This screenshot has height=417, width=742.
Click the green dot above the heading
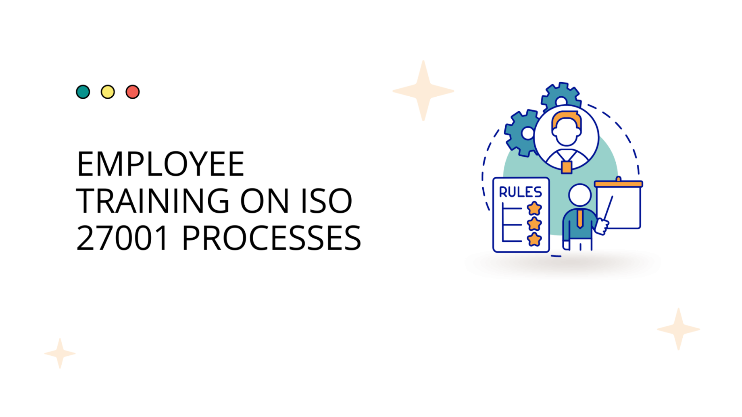(x=83, y=92)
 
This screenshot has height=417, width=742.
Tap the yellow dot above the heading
(x=108, y=92)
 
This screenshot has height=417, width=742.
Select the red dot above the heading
(x=133, y=92)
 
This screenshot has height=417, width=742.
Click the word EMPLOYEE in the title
(x=160, y=164)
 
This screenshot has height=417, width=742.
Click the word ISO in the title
(x=327, y=201)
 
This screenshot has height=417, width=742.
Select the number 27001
(x=122, y=238)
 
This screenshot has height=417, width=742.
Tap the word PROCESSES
(x=272, y=238)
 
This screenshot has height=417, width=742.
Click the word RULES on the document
(x=521, y=192)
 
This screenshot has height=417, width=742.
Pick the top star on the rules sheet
(x=534, y=208)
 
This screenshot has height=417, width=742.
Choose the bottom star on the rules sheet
(x=534, y=239)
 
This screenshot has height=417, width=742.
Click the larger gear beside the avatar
(x=522, y=133)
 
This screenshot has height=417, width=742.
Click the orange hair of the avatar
(x=567, y=120)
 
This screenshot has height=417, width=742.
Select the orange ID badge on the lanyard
(x=567, y=167)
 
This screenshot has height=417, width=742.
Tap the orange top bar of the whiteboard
(x=619, y=184)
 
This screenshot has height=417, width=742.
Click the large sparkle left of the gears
(x=423, y=91)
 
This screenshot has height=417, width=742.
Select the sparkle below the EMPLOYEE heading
(x=60, y=353)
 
